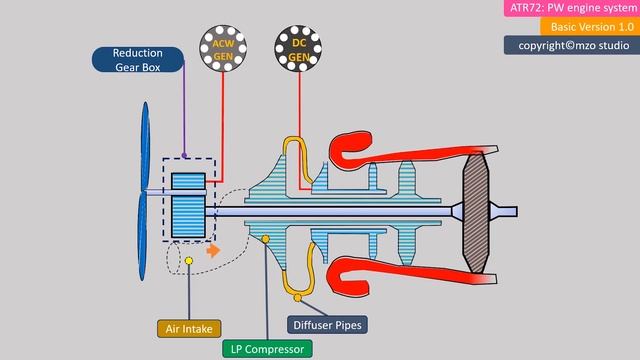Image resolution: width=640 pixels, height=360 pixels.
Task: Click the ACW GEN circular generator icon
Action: (x=222, y=48)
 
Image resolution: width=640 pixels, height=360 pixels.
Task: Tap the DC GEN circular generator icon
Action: (x=298, y=48)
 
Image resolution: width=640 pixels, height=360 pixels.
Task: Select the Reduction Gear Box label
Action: (x=138, y=60)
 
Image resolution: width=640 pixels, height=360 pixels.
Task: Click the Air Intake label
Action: (x=188, y=328)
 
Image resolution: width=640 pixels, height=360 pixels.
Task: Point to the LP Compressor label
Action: (x=266, y=348)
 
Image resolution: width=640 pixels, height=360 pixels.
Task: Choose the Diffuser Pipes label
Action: (x=326, y=325)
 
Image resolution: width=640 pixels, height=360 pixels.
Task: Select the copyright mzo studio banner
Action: (x=573, y=45)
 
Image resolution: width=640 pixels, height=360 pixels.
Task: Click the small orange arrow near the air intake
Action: (x=213, y=251)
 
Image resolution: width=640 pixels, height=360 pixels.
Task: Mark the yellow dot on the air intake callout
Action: (x=188, y=262)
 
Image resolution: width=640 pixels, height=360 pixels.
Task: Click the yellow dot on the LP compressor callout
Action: (x=265, y=238)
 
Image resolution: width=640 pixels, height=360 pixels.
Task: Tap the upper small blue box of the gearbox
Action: (x=188, y=183)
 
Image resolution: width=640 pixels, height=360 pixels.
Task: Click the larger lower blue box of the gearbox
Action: (x=188, y=216)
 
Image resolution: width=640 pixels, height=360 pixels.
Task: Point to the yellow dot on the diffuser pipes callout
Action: (x=296, y=295)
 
